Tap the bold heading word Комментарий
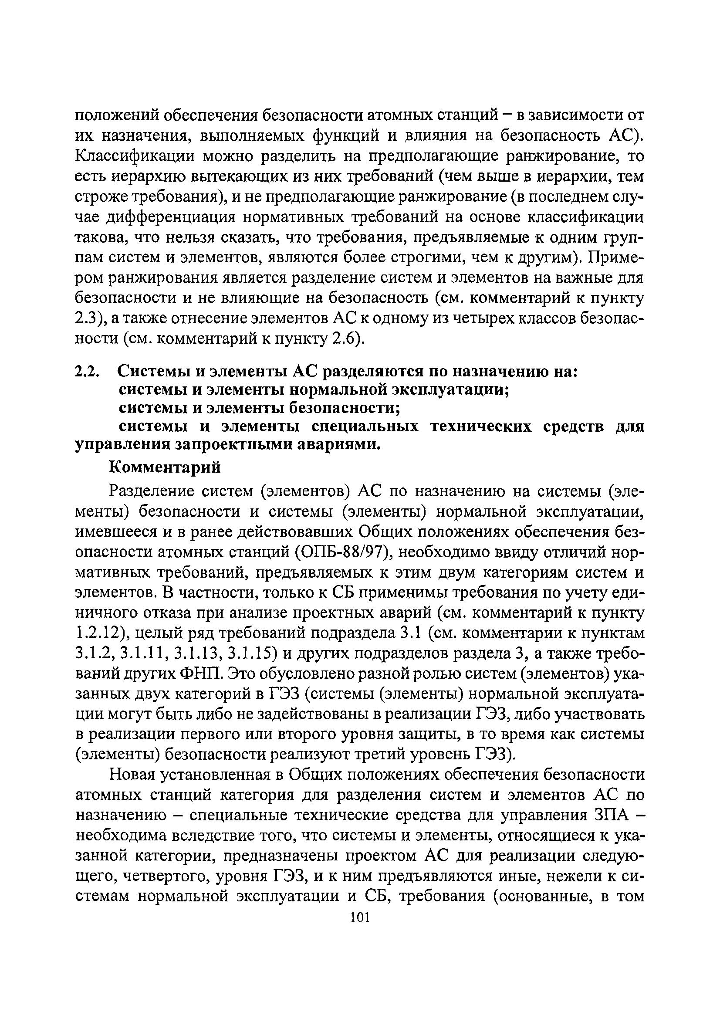[165, 467]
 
